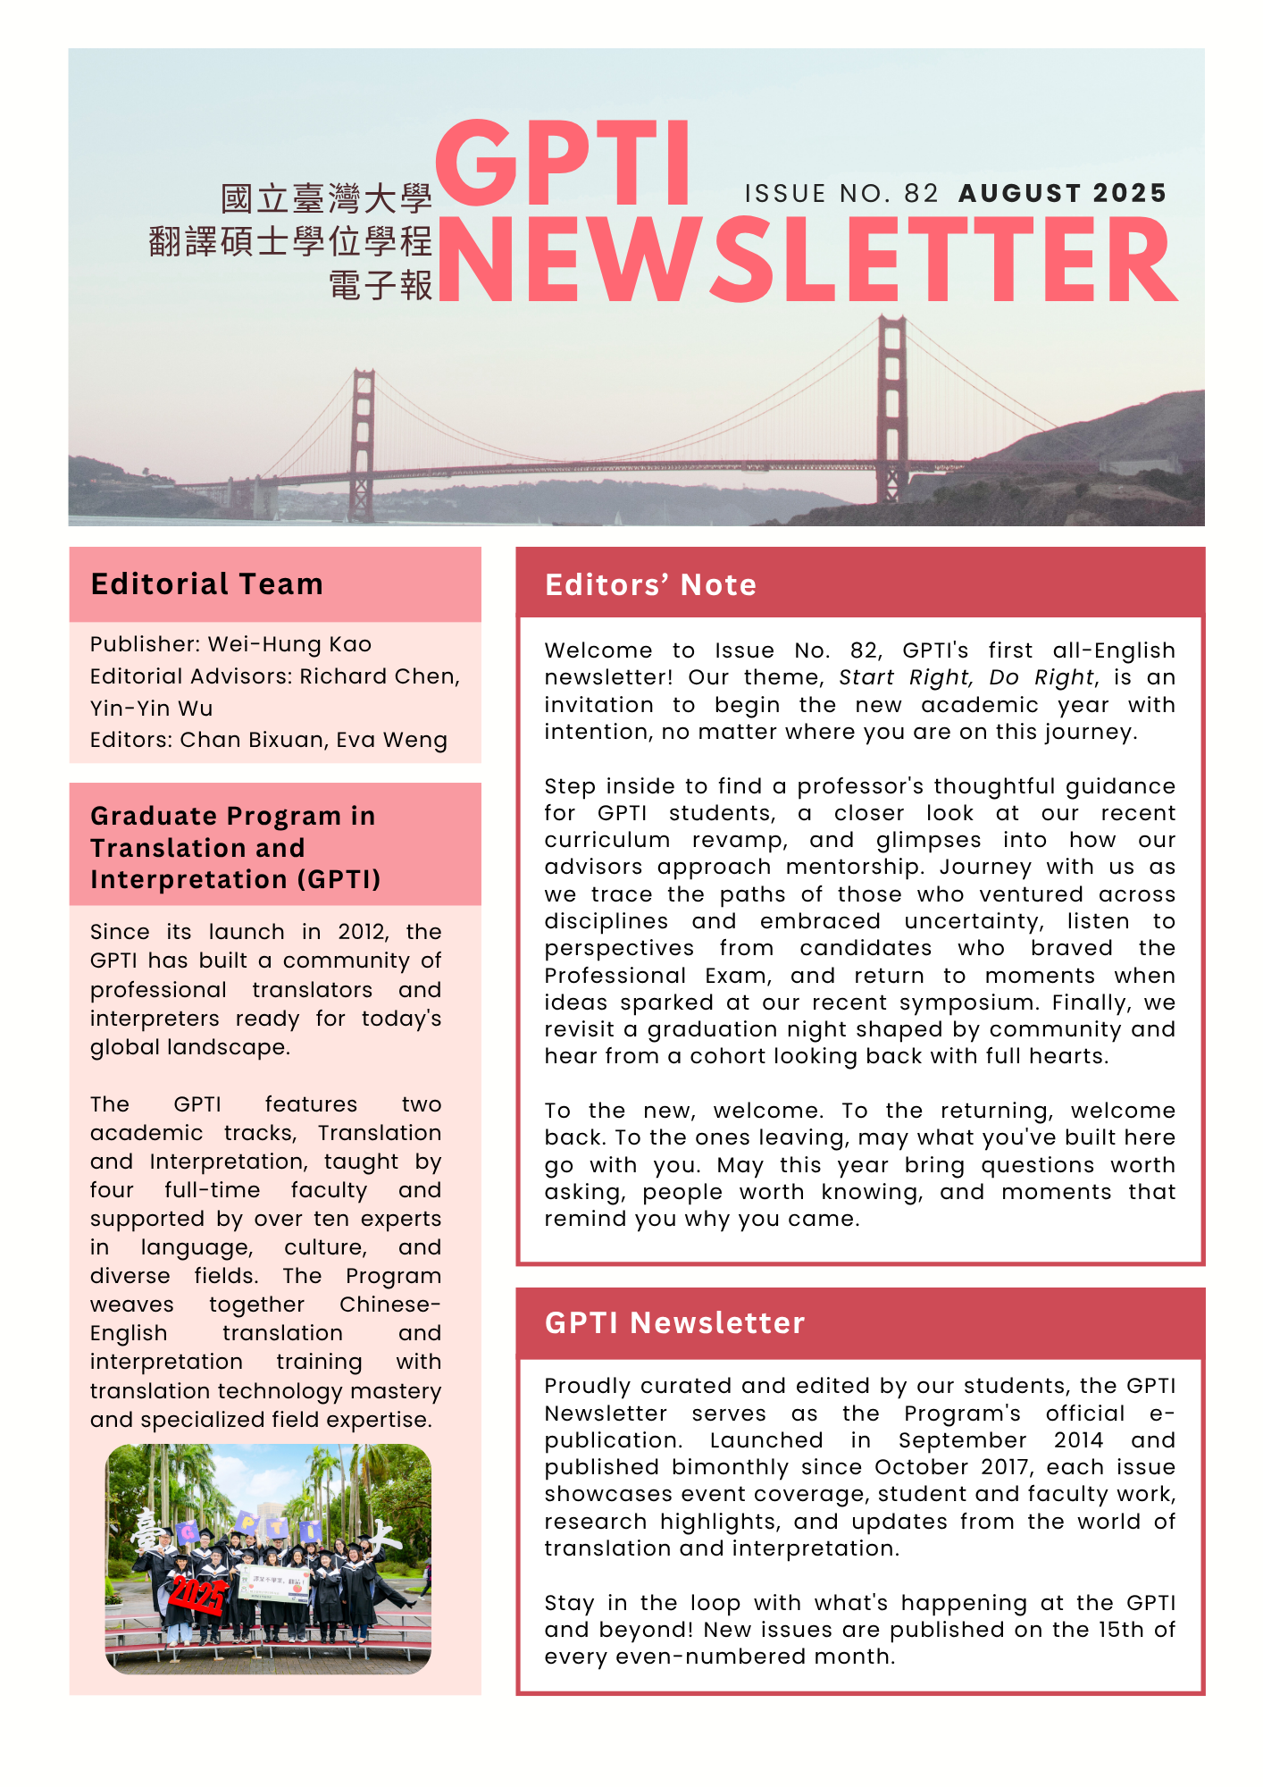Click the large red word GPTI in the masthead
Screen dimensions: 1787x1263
563,165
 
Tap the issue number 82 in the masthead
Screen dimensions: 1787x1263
921,194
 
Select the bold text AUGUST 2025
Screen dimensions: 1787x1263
1062,194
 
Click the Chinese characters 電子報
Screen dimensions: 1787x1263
381,286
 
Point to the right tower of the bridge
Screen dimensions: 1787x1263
891,407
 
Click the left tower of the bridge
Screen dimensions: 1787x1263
363,442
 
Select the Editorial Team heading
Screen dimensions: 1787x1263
206,584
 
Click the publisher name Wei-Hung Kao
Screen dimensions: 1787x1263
289,644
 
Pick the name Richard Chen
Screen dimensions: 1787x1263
379,676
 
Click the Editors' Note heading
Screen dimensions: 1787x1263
650,585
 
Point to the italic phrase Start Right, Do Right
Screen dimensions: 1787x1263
966,677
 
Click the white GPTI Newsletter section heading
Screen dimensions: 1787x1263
674,1323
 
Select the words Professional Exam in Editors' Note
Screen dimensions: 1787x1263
657,976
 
